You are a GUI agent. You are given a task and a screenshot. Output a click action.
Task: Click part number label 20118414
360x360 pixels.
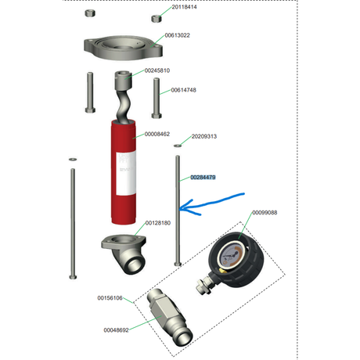pos(184,7)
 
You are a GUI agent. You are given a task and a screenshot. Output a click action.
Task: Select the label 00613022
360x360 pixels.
pos(178,35)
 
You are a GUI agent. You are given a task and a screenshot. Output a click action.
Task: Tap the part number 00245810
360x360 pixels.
pos(157,70)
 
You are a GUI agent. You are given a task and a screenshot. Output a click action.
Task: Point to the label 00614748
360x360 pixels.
pos(184,90)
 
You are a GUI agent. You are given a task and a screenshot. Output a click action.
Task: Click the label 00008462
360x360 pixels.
pos(157,134)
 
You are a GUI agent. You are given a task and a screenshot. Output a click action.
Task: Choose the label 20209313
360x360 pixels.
pos(204,136)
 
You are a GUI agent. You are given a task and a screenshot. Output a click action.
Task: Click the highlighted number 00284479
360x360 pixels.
pos(203,178)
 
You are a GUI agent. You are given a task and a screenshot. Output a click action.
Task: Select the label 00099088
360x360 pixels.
pos(265,213)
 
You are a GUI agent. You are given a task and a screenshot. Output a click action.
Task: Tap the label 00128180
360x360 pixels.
pos(158,223)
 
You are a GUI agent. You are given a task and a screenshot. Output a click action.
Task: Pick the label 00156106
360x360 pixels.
pos(110,298)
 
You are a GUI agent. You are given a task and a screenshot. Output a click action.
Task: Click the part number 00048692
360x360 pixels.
pos(117,330)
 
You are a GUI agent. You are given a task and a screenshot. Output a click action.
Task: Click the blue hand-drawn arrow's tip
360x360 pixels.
pos(180,209)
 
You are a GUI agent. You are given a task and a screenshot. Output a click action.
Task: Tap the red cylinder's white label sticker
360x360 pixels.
pos(126,173)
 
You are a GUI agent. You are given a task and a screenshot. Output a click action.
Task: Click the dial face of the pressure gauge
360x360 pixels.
pos(231,254)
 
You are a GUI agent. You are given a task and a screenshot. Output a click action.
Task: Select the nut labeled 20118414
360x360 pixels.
pos(156,19)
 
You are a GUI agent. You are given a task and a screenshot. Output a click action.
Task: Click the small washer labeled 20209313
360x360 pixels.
pos(178,146)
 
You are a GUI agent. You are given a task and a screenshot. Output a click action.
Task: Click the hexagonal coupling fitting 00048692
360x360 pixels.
pos(170,317)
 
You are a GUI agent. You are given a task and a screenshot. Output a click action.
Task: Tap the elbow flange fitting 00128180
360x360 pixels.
pos(125,254)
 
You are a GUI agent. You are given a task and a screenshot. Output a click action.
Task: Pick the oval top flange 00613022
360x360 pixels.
pos(123,48)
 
